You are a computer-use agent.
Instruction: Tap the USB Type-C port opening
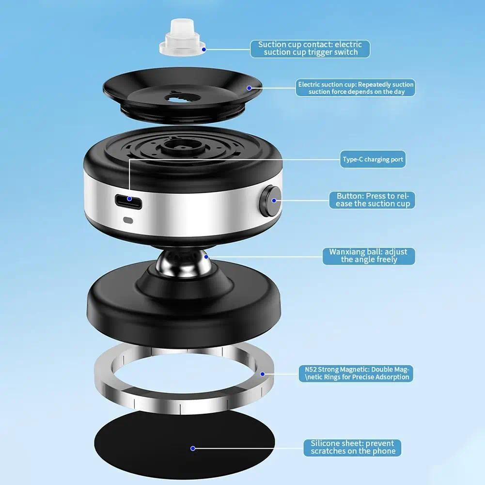click(x=128, y=201)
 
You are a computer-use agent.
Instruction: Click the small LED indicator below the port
click(x=128, y=219)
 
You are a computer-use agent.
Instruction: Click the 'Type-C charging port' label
click(x=373, y=159)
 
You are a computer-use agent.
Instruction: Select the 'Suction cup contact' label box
click(x=310, y=48)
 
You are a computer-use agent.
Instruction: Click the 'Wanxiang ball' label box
click(x=369, y=255)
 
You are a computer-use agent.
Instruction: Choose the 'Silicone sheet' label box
click(x=352, y=447)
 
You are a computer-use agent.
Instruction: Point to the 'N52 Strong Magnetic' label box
click(x=356, y=374)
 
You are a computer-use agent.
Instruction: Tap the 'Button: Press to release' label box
click(x=373, y=200)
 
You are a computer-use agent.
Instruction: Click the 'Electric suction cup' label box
click(x=356, y=88)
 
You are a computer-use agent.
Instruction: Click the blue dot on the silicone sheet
click(x=193, y=449)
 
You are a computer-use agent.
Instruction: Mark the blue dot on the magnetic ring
click(x=263, y=374)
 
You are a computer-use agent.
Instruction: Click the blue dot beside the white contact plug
click(x=204, y=49)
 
